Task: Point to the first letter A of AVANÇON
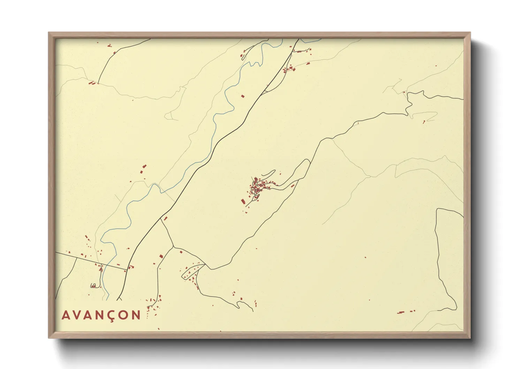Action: [x=66, y=315]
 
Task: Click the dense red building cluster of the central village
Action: [x=259, y=187]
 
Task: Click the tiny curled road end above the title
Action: [x=93, y=286]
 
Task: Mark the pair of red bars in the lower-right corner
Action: [x=406, y=311]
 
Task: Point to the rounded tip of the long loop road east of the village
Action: [x=307, y=161]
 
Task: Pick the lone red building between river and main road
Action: [x=243, y=96]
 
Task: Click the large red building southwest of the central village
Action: [x=243, y=201]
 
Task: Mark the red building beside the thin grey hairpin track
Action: [x=424, y=122]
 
